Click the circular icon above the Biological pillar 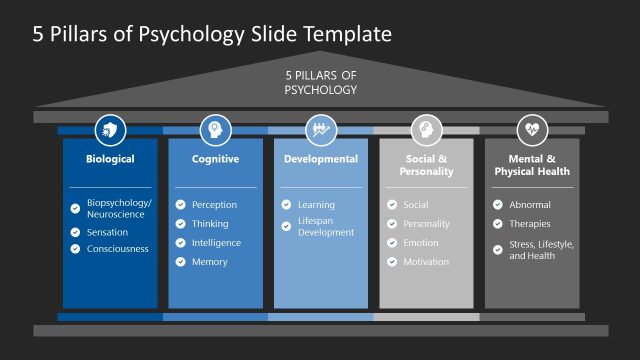pos(110,129)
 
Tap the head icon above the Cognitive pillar pos(215,129)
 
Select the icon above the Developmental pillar pos(321,129)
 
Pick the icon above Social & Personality pos(426,129)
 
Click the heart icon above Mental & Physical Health pos(532,129)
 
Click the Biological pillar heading pos(110,159)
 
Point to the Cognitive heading pos(215,159)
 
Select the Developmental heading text pos(321,159)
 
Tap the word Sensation pos(107,232)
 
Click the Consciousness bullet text pos(118,249)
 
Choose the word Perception pos(214,205)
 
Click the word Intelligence pos(216,243)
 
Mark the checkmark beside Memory pos(181,262)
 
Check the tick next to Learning pos(287,205)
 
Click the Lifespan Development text pos(326,226)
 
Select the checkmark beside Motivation pos(393,262)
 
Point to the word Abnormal pos(530,205)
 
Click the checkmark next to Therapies pos(498,224)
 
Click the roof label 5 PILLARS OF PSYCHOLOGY pos(321,82)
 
